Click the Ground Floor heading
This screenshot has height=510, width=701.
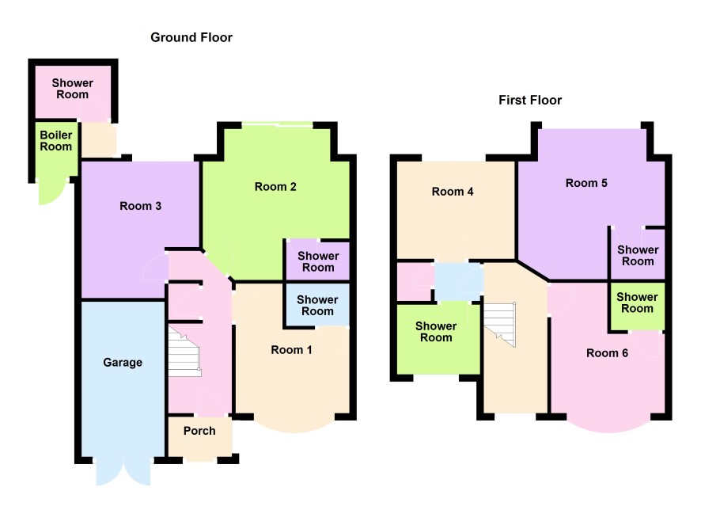191,37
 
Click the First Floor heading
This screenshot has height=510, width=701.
530,100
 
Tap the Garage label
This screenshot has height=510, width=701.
123,363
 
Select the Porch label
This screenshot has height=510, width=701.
199,431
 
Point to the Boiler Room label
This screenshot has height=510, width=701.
56,141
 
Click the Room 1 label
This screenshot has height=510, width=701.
291,350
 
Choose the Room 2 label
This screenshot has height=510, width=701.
275,187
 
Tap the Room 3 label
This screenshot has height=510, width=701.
140,206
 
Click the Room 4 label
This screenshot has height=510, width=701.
453,192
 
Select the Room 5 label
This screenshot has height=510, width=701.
586,183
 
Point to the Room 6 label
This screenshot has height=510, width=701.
607,353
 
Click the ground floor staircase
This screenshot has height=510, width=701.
184,352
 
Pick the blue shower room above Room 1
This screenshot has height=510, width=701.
317,305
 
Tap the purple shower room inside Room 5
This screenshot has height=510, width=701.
638,254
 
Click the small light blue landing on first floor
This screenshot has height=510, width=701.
459,281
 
